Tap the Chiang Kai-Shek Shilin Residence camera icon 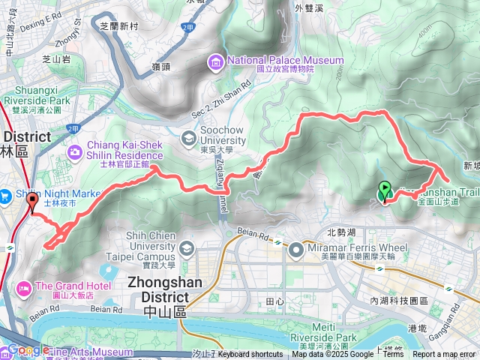[x=74, y=153]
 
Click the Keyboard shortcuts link [x=250, y=355]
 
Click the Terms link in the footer [x=393, y=355]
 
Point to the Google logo [x=28, y=350]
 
